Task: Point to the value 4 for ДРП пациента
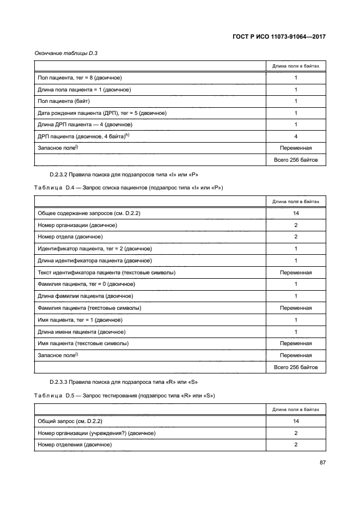[296, 137]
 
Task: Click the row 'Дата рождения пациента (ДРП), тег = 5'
[102, 113]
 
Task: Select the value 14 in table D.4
[296, 213]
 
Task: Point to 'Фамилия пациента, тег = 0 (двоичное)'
[87, 284]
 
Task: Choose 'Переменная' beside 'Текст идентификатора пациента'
[296, 272]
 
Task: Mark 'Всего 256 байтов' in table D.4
[296, 367]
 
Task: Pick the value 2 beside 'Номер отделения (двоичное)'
[296, 445]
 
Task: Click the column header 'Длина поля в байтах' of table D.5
[296, 409]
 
